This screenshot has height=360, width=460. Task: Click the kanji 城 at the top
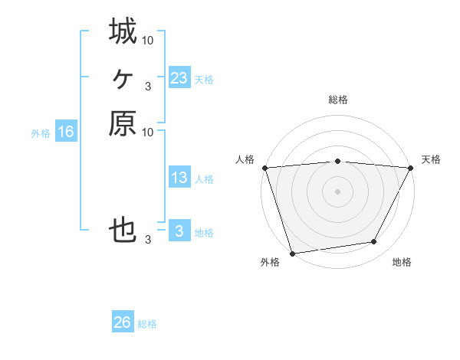(x=123, y=31)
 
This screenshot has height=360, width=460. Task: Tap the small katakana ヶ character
(x=123, y=77)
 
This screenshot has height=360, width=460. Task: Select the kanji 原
(x=123, y=123)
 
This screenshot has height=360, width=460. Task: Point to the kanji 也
(x=123, y=231)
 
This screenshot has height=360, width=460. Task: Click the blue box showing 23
(x=179, y=78)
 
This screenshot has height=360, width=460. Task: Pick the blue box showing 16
(x=66, y=132)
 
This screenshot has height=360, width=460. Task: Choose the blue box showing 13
(x=179, y=178)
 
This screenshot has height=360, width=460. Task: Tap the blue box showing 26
(x=123, y=323)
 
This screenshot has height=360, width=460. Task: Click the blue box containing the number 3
(x=179, y=231)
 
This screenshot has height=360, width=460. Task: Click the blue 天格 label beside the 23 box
(x=204, y=80)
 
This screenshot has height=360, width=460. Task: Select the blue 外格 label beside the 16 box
(x=41, y=133)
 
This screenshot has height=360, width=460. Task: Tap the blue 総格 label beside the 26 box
(x=147, y=325)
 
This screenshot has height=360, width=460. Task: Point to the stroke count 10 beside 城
(x=148, y=40)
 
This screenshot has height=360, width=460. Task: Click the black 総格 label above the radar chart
(x=337, y=100)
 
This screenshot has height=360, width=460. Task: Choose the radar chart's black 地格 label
(x=401, y=263)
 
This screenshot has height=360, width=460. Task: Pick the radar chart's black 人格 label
(x=245, y=159)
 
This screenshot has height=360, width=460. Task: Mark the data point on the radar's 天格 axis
(x=411, y=168)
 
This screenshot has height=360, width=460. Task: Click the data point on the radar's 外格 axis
(x=292, y=253)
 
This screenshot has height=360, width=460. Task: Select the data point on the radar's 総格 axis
(x=337, y=161)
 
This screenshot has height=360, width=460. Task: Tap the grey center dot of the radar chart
(x=337, y=191)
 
